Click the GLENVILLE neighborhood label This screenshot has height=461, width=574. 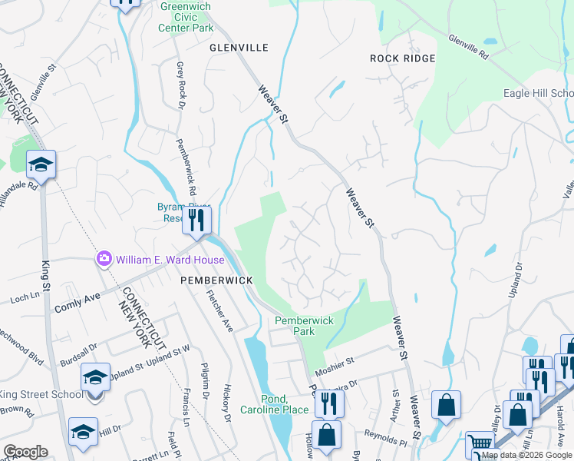239,48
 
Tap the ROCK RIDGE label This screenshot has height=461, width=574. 402,58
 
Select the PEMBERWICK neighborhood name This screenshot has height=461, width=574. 217,281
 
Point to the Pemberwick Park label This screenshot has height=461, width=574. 295,326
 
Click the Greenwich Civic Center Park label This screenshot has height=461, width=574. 186,17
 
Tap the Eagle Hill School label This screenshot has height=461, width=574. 538,93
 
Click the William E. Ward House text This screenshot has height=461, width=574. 170,260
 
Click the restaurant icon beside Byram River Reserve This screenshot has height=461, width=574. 196,220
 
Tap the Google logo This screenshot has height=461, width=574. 25,452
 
